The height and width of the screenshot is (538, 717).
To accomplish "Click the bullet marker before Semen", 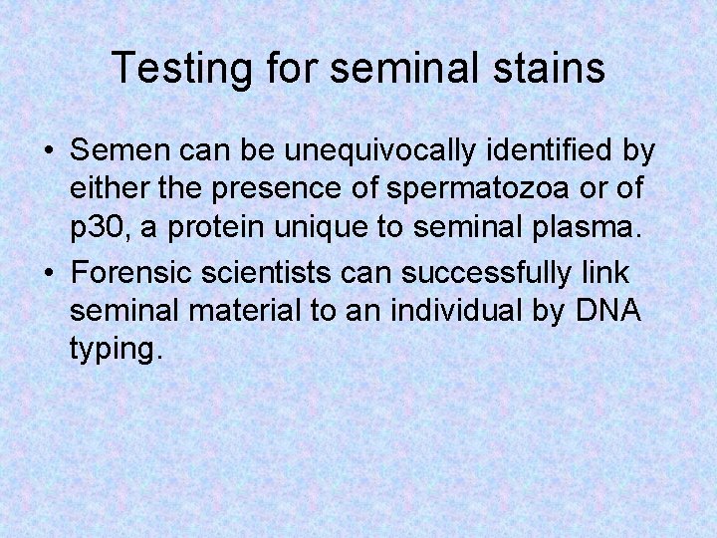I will pos(48,152).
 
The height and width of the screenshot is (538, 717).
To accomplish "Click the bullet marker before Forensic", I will pos(48,272).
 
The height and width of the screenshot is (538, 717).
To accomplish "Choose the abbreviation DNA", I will pos(608,311).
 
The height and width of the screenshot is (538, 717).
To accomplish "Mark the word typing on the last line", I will pos(113,352).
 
